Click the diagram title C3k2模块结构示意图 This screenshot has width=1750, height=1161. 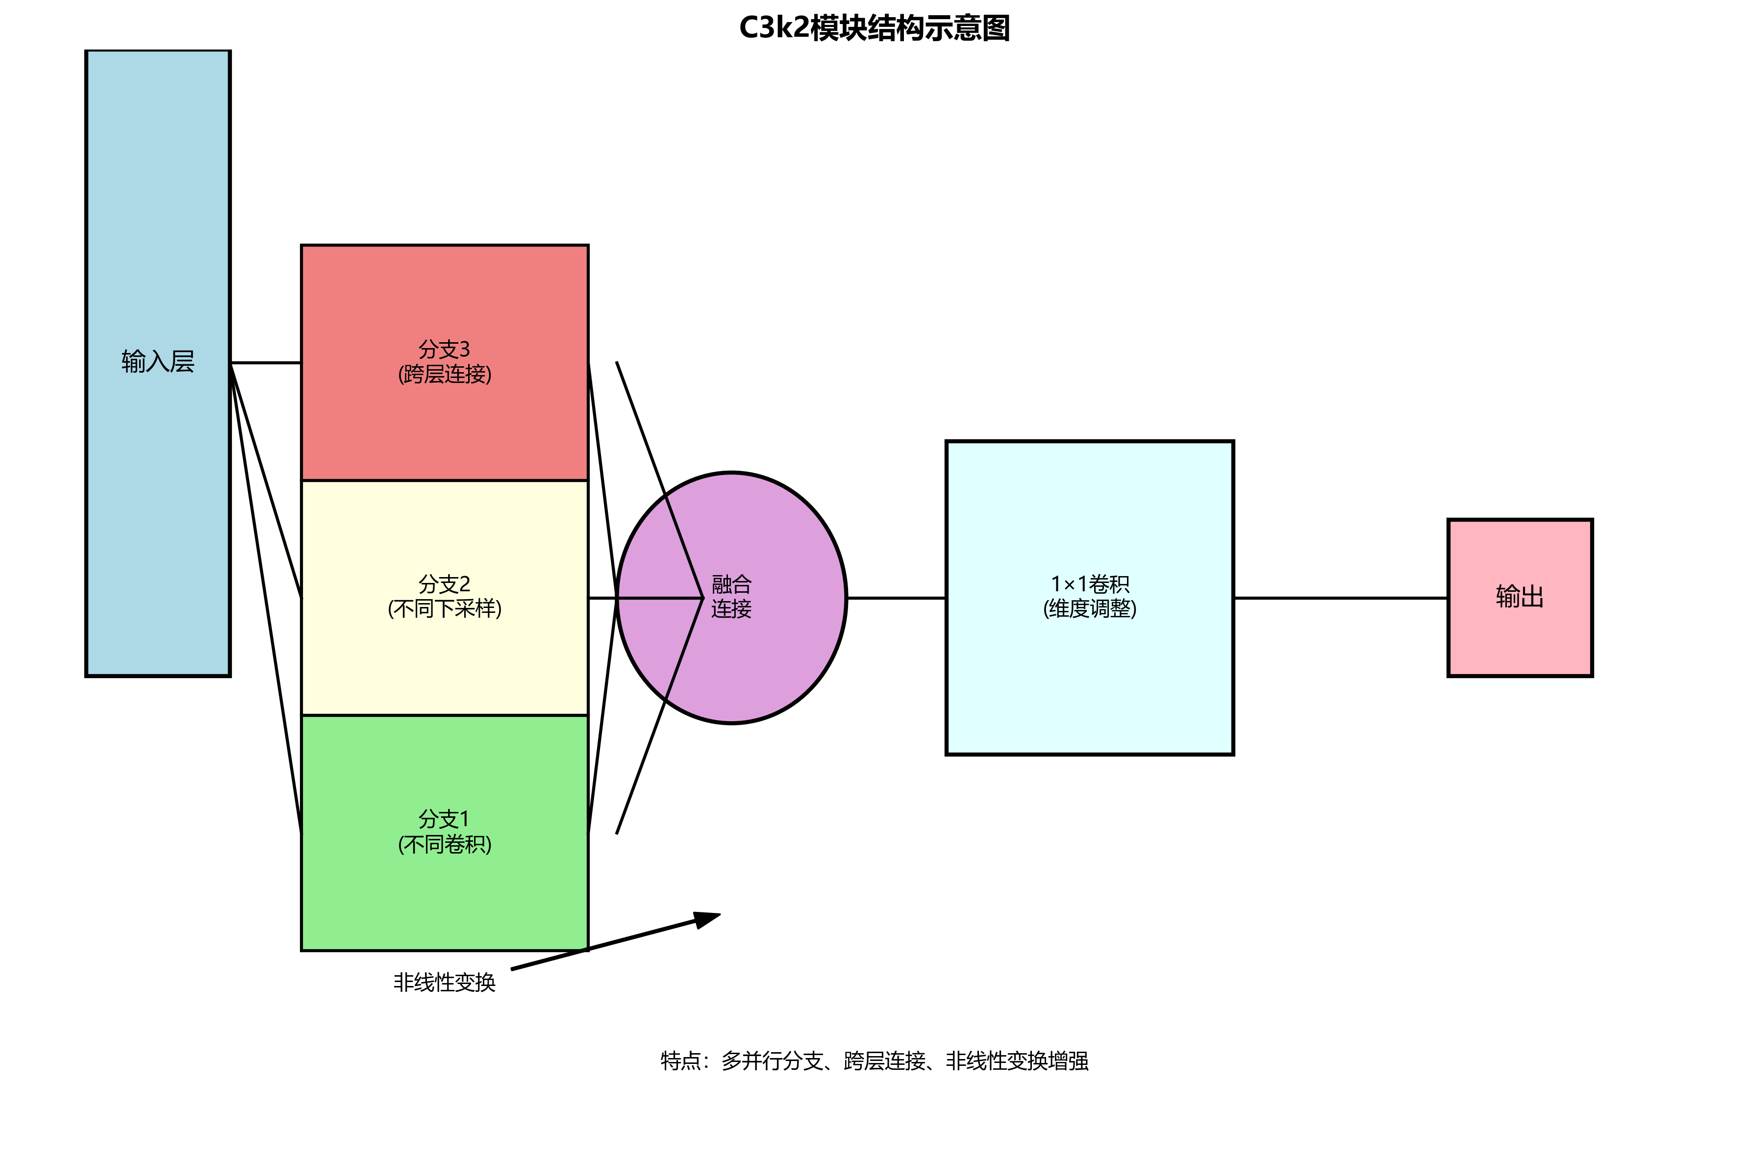[874, 28]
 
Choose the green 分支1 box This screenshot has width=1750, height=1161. [444, 896]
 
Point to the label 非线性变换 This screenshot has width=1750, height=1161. [444, 983]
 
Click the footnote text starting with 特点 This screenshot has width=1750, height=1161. [874, 1061]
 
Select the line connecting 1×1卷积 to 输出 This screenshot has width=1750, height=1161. [1340, 598]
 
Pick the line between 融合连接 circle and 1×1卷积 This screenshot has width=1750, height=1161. [896, 598]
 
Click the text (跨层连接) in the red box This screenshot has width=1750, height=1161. [444, 375]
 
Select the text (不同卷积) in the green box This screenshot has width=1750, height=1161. [444, 844]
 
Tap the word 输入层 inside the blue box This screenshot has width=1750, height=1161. [158, 361]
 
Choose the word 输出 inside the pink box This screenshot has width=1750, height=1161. [1520, 596]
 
